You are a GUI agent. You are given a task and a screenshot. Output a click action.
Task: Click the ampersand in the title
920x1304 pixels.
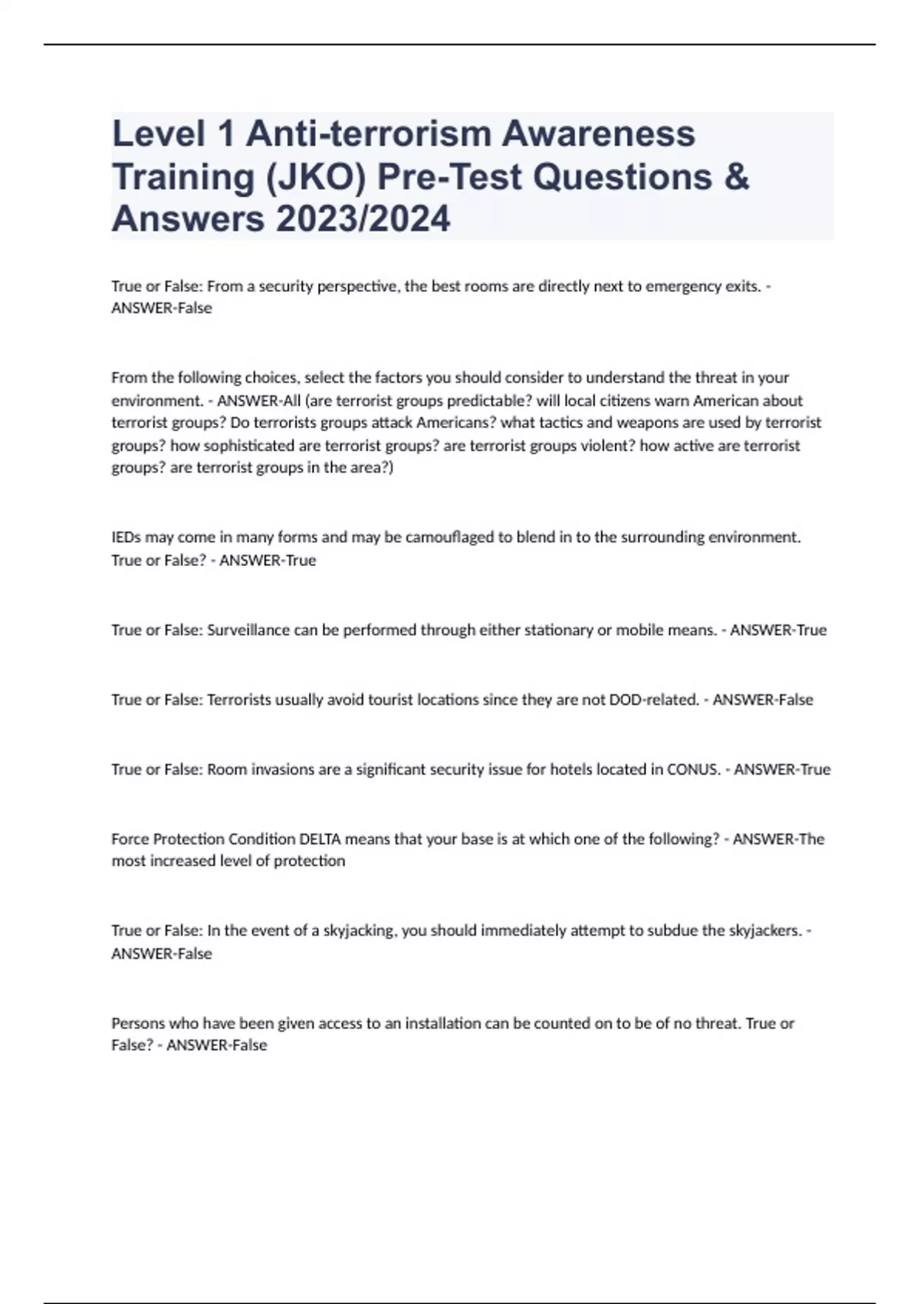coord(736,177)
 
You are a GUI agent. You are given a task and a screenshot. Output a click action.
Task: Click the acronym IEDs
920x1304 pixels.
coord(126,537)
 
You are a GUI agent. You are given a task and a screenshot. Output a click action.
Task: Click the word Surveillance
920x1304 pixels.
coord(249,630)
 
